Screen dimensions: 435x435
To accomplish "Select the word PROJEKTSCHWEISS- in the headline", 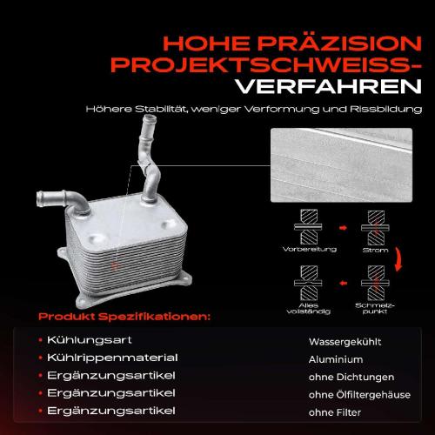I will click(x=278, y=64).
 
